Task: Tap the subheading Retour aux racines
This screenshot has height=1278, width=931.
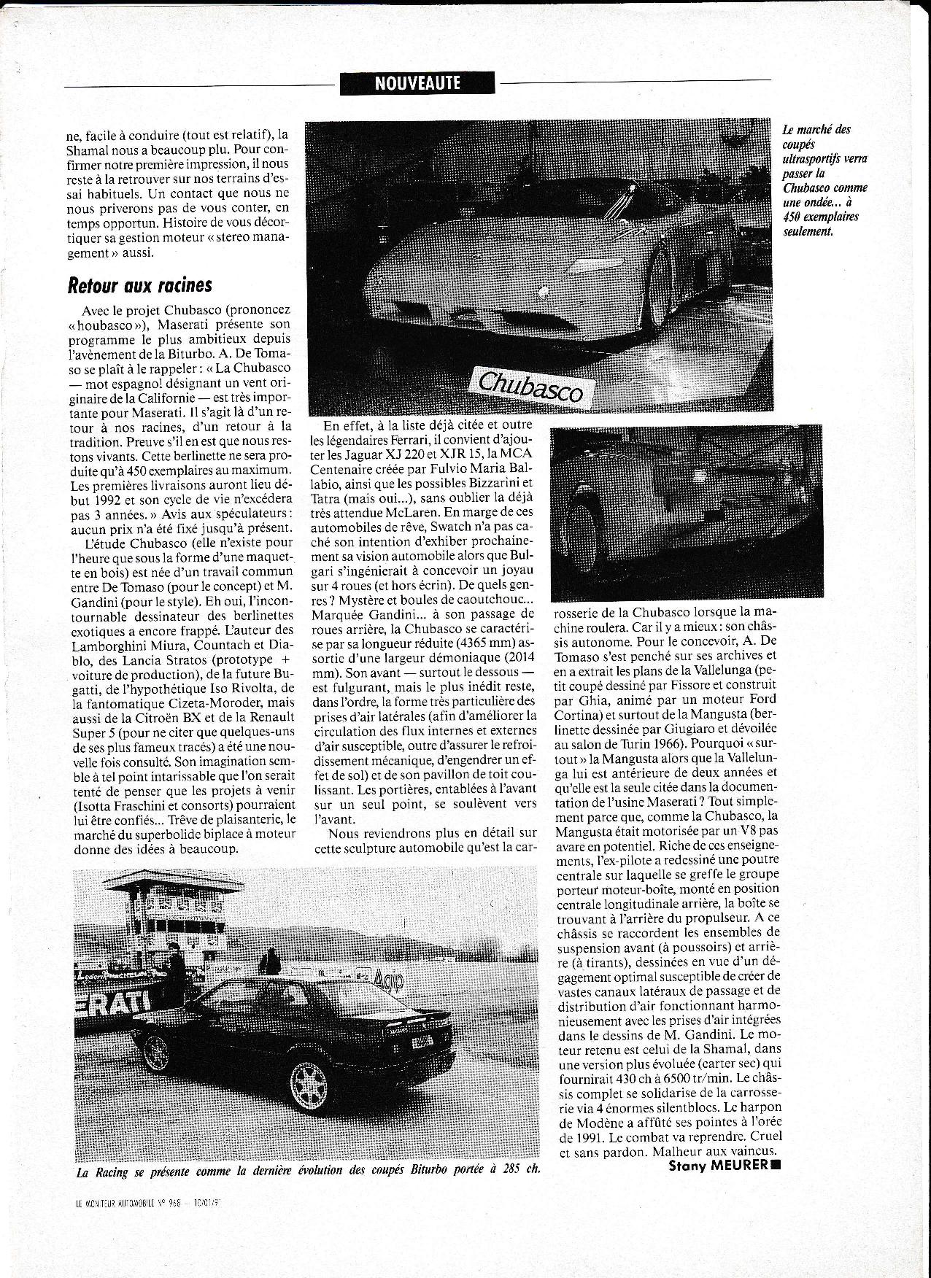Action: click(x=139, y=284)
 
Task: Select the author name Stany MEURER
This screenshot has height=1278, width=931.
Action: click(x=719, y=1185)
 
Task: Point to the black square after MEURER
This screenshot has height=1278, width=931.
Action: click(x=775, y=1185)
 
